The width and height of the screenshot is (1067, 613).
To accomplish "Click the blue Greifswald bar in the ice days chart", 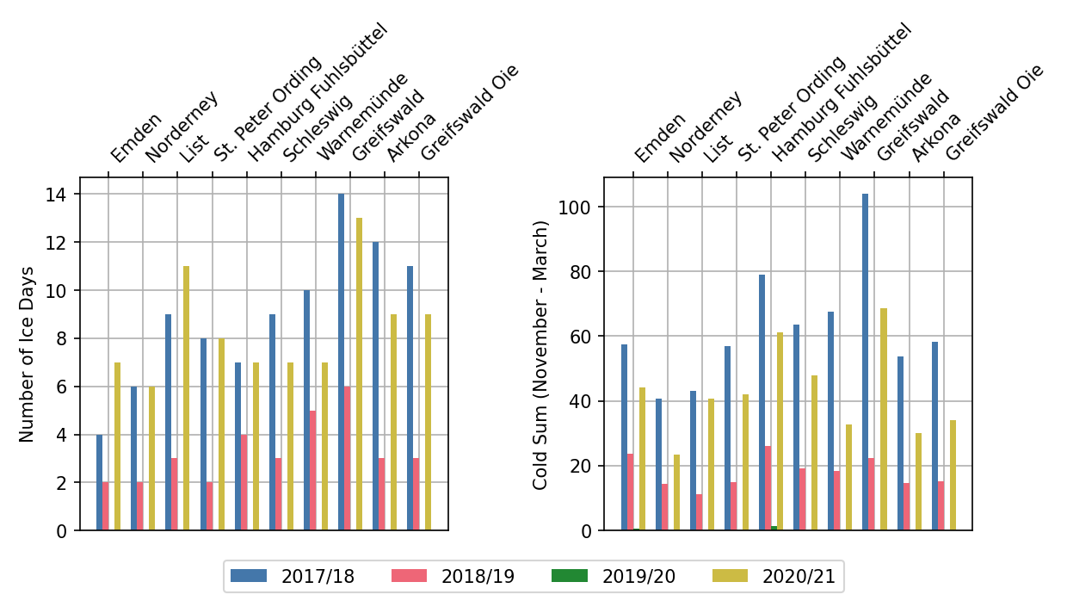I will click(x=341, y=362).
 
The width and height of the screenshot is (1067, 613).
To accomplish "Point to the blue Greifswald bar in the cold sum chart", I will click(x=865, y=362).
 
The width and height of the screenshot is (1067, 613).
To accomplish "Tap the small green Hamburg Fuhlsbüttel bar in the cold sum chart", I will click(x=774, y=528).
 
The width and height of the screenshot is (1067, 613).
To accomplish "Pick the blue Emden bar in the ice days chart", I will click(x=99, y=482).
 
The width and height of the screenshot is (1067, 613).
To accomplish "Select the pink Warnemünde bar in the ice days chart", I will click(x=312, y=470).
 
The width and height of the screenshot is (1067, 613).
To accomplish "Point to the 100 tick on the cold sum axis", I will click(x=578, y=207).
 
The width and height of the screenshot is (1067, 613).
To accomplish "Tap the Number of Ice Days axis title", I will click(x=28, y=354).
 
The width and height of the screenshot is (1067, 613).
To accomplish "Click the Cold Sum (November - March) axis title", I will click(x=540, y=355).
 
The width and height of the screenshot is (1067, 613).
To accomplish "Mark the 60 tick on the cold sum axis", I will click(x=583, y=337).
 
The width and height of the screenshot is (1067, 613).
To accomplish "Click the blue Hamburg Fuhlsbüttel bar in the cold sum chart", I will click(x=762, y=402).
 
